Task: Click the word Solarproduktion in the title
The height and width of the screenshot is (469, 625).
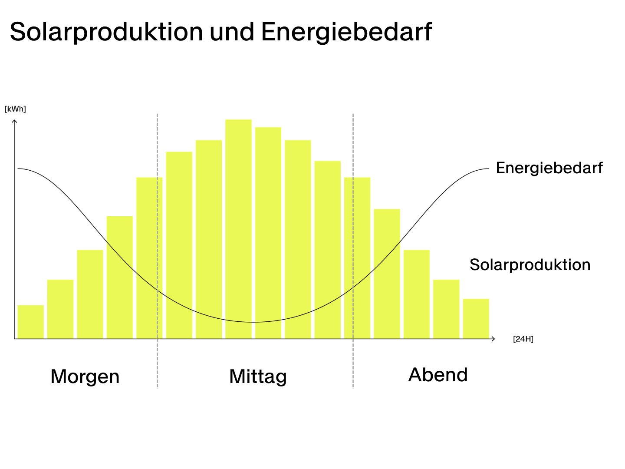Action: coord(106,32)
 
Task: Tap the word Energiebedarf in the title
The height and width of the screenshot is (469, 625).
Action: coord(346,32)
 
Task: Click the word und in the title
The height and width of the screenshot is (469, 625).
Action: coord(232,32)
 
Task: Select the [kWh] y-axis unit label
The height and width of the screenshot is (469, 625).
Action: coord(15,109)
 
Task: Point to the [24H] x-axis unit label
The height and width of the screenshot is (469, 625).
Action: coord(523,339)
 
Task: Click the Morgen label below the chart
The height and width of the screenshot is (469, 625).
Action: coord(85,376)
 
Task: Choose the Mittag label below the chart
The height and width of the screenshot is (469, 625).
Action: coord(258,376)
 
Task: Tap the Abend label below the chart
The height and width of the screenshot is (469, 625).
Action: coord(438,375)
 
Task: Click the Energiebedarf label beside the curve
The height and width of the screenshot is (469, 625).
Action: coord(549,168)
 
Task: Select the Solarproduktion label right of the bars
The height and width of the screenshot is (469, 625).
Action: coord(530,264)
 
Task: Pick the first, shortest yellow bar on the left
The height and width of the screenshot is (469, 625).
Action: coord(31,322)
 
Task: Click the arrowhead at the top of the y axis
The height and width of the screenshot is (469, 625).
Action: coord(14,121)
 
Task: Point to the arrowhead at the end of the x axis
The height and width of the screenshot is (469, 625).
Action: coord(493,339)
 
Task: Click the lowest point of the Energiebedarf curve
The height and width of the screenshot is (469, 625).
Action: coord(254,322)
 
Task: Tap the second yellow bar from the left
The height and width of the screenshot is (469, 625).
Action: coord(60,309)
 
